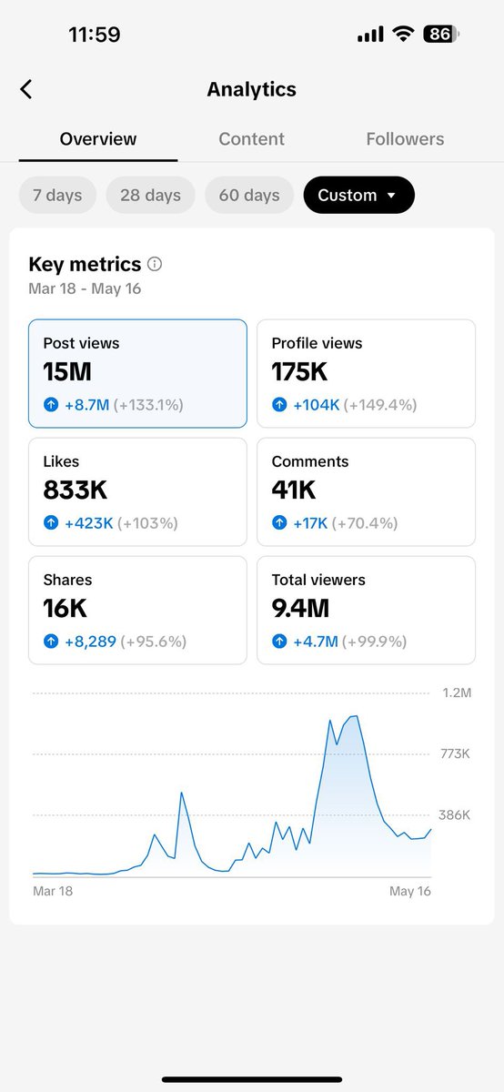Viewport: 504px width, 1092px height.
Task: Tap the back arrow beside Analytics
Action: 26,89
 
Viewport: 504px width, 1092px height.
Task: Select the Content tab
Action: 251,139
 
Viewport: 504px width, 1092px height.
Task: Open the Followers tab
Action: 405,139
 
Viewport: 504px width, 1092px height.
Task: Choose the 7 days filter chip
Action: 57,195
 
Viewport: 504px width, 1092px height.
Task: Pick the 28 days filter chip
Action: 150,195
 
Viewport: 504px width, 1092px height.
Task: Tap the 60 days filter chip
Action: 249,195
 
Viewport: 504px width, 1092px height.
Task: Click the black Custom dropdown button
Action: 358,195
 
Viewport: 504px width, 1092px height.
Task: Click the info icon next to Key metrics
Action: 155,265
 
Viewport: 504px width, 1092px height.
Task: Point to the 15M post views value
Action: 67,371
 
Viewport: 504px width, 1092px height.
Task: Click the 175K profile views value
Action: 299,371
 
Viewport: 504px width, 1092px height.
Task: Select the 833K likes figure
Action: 76,490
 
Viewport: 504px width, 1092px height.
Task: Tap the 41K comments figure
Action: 294,490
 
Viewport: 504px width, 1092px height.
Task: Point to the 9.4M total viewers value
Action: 300,608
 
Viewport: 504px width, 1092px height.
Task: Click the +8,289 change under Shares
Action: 90,642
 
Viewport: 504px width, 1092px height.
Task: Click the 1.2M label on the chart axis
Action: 455,693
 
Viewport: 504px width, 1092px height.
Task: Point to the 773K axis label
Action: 454,754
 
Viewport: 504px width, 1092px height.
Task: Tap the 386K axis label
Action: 454,815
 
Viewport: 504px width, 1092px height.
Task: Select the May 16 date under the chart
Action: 409,891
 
